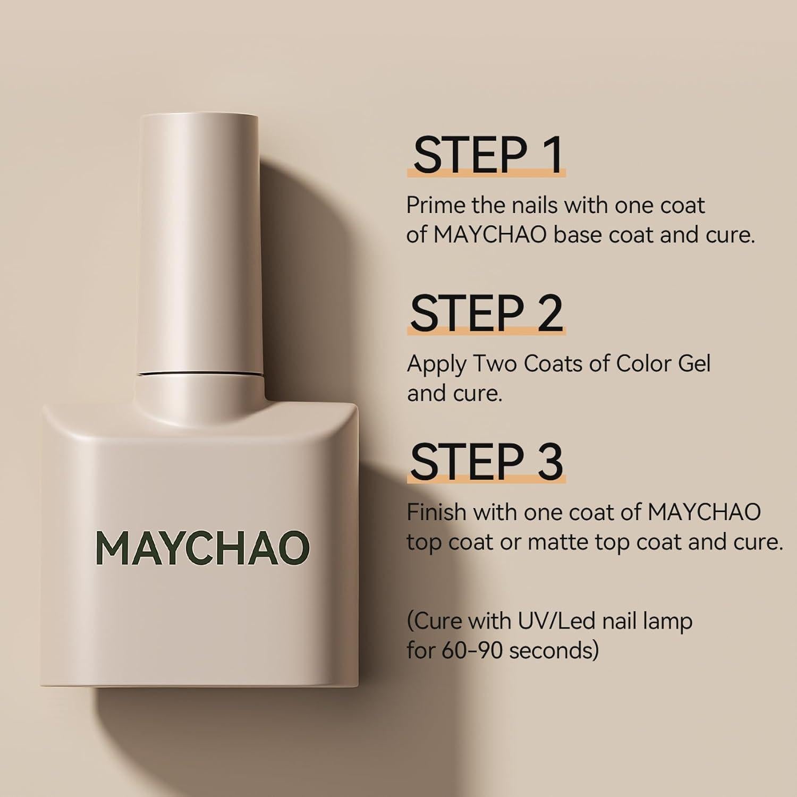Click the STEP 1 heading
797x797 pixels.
[486, 155]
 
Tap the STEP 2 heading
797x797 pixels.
[486, 313]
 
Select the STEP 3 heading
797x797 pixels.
[486, 461]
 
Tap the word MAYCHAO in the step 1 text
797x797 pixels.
[490, 234]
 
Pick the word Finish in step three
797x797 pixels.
[436, 512]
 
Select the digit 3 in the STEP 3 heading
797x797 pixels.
[548, 461]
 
